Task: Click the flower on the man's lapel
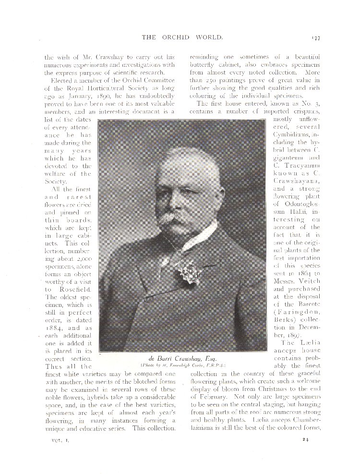coord(189,272)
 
